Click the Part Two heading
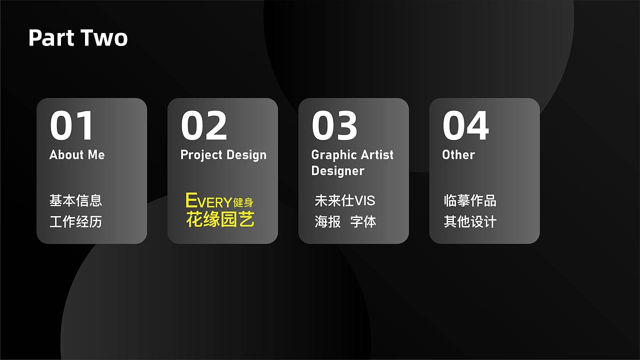(x=78, y=38)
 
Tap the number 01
(x=72, y=126)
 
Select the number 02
(x=203, y=126)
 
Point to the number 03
(x=334, y=126)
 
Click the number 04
(x=465, y=126)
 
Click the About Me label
(x=77, y=155)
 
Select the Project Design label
(x=223, y=155)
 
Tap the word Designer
(x=337, y=171)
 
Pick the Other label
(x=458, y=155)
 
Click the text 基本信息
(x=75, y=200)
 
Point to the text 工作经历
(x=75, y=221)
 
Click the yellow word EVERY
(x=208, y=201)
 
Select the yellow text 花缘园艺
(x=220, y=219)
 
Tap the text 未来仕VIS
(x=344, y=200)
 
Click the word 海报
(x=327, y=221)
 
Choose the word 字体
(x=363, y=221)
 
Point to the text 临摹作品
(x=470, y=200)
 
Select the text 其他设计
(x=470, y=221)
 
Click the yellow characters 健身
(x=243, y=202)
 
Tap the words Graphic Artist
(x=352, y=155)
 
